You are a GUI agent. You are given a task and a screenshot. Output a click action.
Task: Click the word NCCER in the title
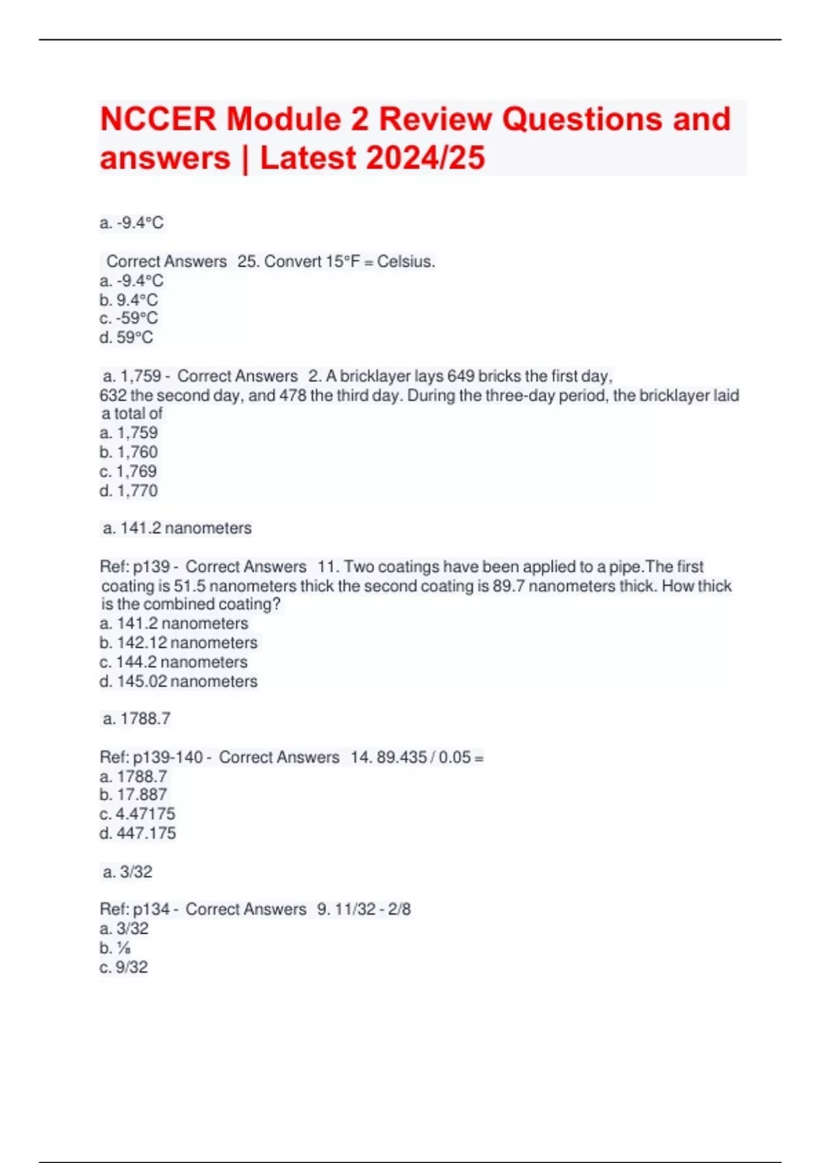pos(157,119)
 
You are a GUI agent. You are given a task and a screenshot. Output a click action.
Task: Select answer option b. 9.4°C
pos(129,300)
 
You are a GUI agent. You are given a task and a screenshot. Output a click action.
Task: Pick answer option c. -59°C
pos(129,318)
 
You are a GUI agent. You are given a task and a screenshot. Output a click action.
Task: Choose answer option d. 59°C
pos(127,337)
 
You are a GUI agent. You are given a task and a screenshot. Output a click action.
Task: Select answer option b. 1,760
pos(129,452)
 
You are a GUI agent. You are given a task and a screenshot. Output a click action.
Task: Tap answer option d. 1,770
pos(129,491)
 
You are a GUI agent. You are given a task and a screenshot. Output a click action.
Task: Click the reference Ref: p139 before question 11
pos(135,566)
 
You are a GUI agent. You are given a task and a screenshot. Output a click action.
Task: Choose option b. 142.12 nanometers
pos(179,642)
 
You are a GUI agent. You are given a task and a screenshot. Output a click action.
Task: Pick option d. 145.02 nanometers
pos(179,681)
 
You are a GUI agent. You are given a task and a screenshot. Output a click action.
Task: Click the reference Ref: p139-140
pos(151,757)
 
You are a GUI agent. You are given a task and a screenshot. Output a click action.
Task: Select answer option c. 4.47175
pos(138,814)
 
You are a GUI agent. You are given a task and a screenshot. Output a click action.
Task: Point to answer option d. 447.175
pos(138,833)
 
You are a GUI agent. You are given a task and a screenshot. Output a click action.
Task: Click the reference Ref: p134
pos(135,909)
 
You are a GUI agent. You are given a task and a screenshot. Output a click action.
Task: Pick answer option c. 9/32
pos(124,967)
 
